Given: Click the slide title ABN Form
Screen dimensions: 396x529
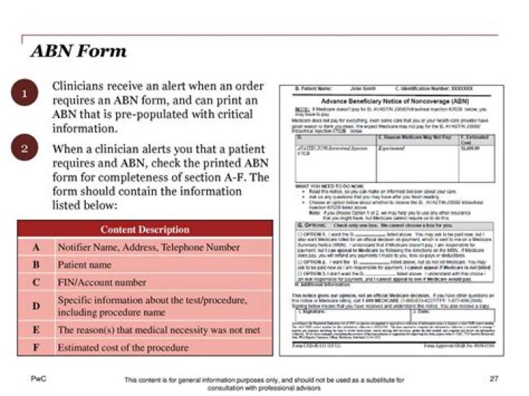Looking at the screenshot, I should tap(78, 51).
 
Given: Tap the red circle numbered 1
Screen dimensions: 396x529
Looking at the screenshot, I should tap(24, 94).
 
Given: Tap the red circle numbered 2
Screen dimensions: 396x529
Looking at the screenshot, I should tap(24, 149).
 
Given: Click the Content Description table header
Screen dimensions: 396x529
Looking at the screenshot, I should tap(145, 229).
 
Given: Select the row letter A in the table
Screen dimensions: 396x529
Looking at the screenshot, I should tap(36, 248).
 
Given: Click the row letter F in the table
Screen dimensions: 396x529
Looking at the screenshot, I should tap(36, 348).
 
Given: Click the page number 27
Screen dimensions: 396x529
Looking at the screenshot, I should tap(494, 379).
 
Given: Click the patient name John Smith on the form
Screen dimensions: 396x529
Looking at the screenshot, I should tap(350, 89).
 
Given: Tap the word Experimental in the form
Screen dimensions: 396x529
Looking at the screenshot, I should tap(392, 147).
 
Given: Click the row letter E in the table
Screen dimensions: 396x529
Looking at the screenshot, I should tap(36, 330).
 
